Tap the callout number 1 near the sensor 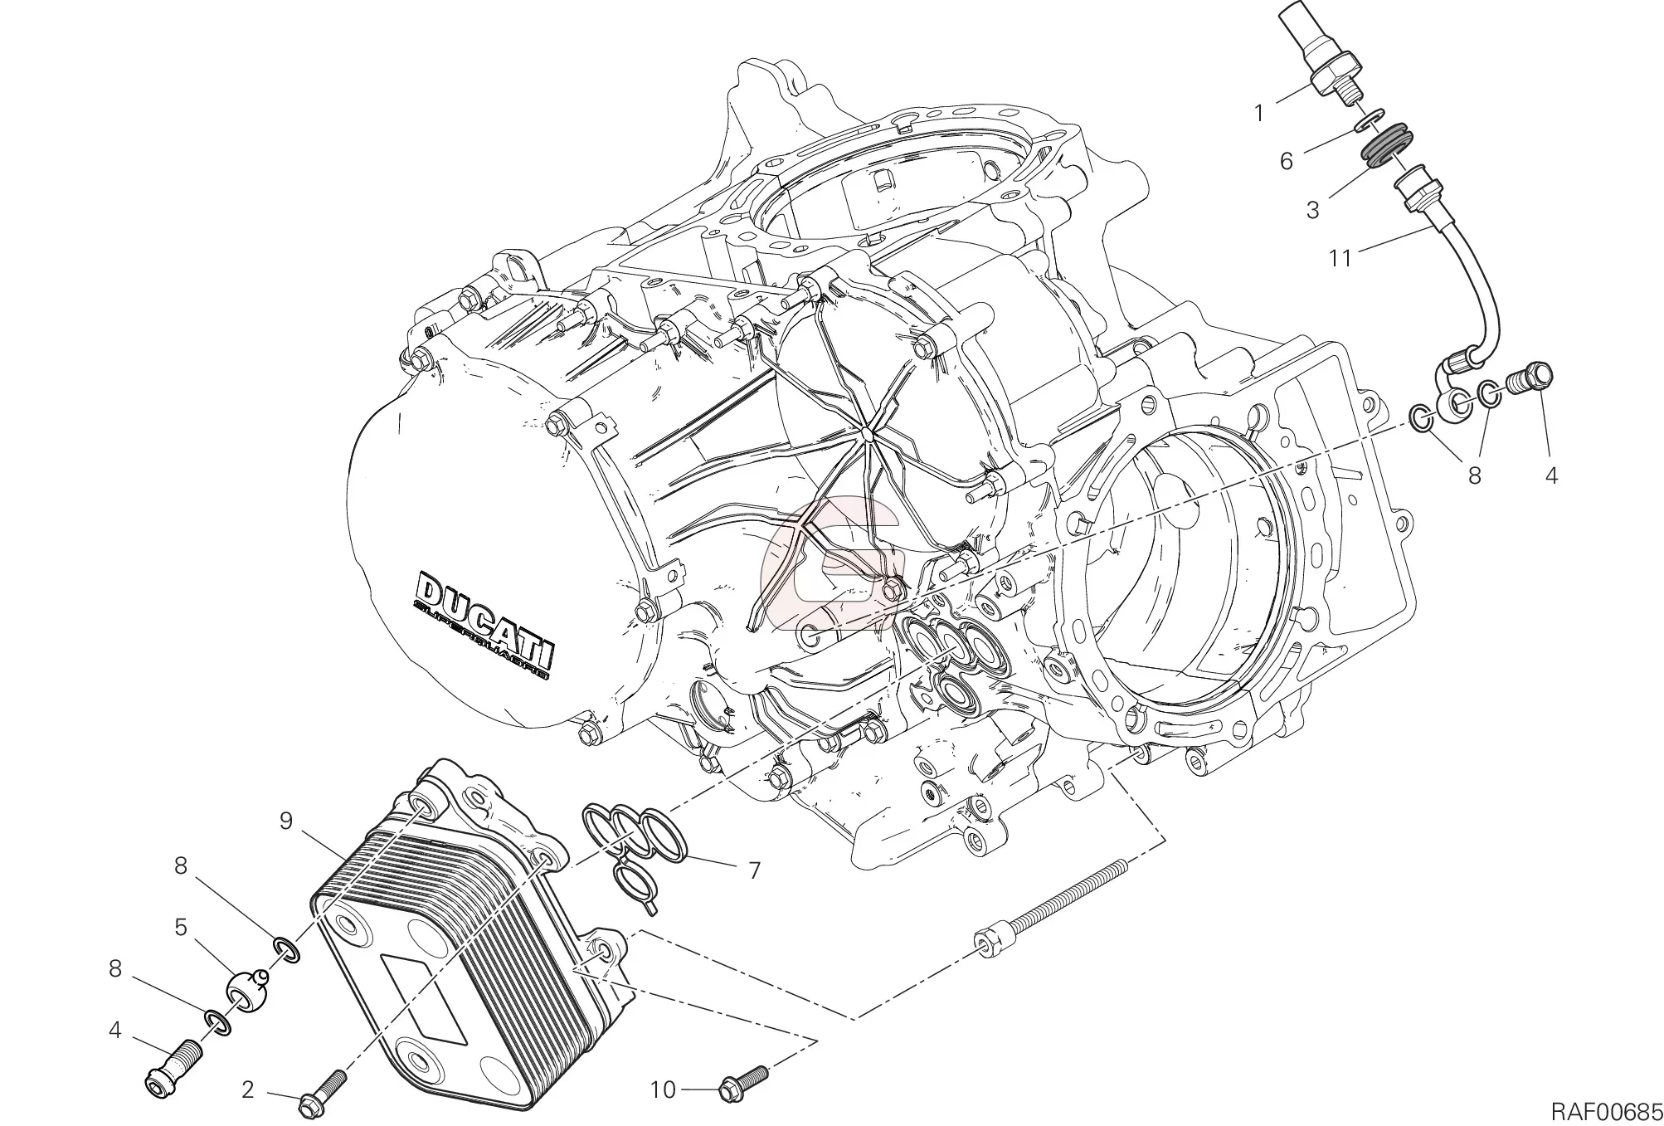pyautogui.click(x=1258, y=113)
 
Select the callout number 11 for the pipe pyautogui.click(x=1340, y=258)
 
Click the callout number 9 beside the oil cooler pyautogui.click(x=286, y=821)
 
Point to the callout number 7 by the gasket pyautogui.click(x=754, y=870)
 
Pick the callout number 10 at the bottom pyautogui.click(x=663, y=1090)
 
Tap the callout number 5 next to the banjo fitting pyautogui.click(x=180, y=927)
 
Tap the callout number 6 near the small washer pyautogui.click(x=1286, y=161)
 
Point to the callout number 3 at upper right pyautogui.click(x=1312, y=210)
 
